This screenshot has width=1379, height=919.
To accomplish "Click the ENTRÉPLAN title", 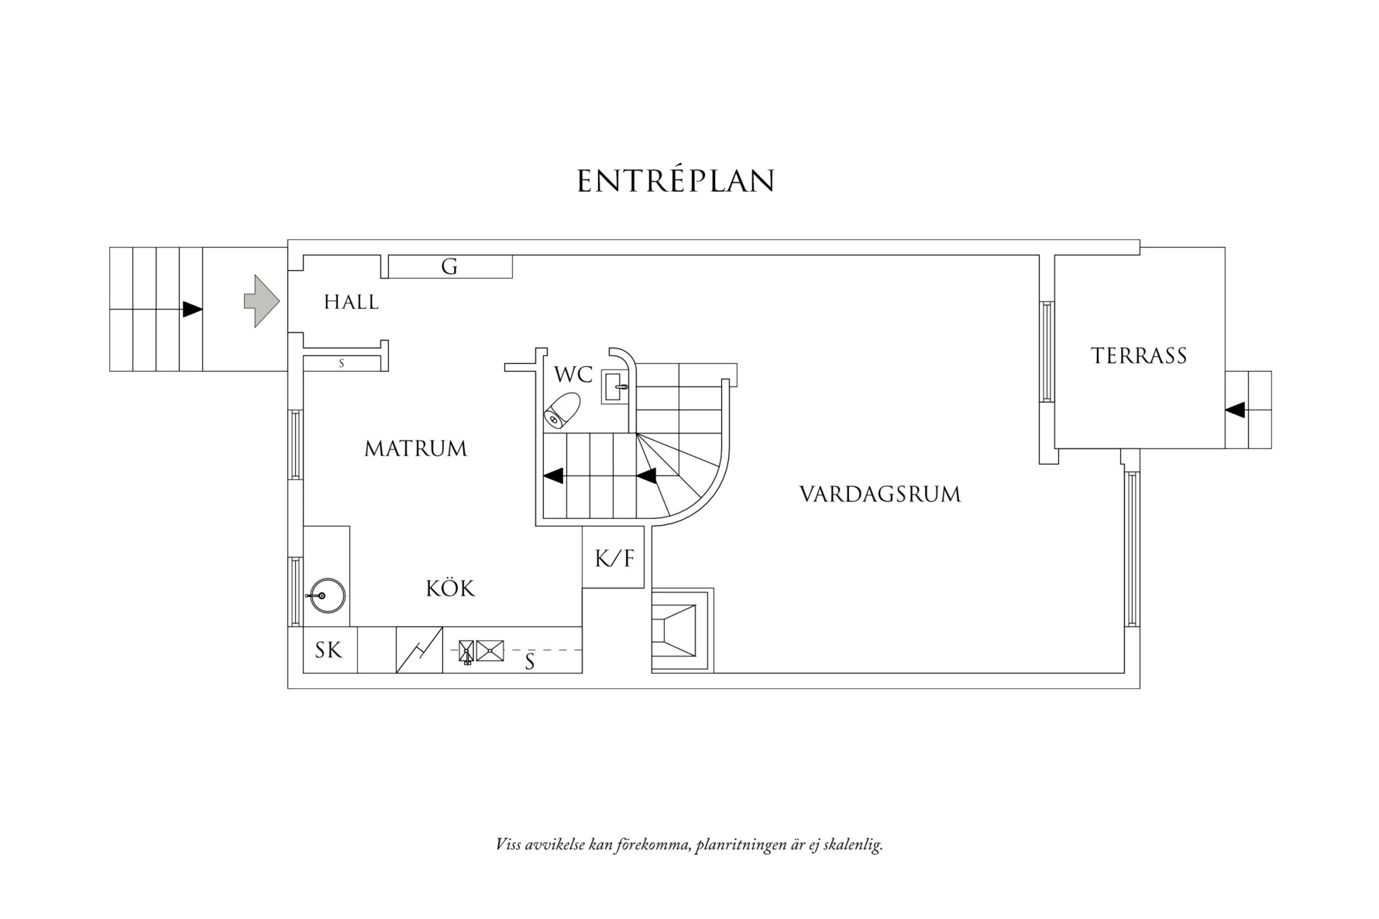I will tap(676, 181).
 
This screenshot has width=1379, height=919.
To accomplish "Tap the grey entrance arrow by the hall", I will tap(261, 300).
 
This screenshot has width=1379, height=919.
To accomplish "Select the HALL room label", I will tap(351, 302).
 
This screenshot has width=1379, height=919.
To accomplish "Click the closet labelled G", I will tap(449, 267).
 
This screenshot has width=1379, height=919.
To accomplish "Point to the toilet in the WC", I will tap(562, 410).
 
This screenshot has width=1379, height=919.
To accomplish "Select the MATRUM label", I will tap(415, 448).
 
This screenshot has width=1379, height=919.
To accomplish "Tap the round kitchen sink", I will tap(325, 595).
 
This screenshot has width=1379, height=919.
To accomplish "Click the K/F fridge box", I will tap(614, 558).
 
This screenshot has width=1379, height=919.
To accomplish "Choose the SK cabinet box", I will tap(329, 650).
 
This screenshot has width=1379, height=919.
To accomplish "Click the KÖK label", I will tap(450, 588).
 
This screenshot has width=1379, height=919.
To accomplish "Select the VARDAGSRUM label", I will tap(879, 494).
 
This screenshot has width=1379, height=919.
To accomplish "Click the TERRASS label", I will tap(1138, 356).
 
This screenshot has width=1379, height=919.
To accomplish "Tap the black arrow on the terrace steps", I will tap(1236, 410).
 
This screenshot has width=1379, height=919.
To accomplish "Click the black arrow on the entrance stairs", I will tap(192, 310).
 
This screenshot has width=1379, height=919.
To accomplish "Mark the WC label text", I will tap(573, 375).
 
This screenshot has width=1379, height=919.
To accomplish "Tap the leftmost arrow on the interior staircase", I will tap(553, 475).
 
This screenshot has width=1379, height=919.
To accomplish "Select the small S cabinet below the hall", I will tap(341, 363).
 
